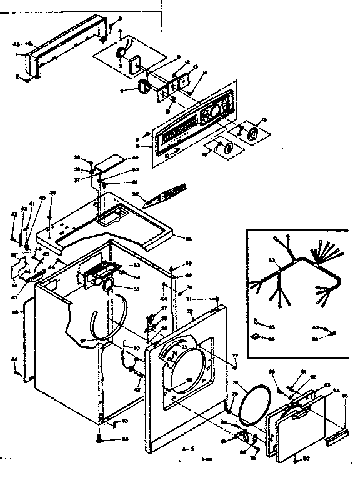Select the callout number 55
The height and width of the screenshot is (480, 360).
click(137, 289)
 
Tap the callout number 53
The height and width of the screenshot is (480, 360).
click(137, 266)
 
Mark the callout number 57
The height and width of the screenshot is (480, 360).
click(164, 309)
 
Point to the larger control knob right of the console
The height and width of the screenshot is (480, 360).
click(254, 134)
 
